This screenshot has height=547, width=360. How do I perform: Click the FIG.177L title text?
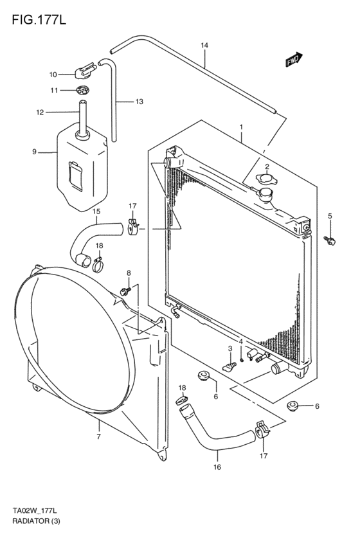point(39,21)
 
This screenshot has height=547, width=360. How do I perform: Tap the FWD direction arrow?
point(294,60)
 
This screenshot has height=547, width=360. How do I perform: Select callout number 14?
point(204,46)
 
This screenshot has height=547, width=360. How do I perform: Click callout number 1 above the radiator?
point(242,127)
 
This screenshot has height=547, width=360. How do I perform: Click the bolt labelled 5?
point(330,240)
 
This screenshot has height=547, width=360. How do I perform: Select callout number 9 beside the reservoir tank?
point(34,152)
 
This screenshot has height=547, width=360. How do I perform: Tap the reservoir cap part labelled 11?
point(82,89)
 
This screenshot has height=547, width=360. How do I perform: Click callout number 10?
point(53,74)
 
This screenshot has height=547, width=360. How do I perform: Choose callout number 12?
point(39,112)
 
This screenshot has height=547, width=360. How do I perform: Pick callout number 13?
point(139,102)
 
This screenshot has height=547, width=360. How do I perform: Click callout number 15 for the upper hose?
point(96,211)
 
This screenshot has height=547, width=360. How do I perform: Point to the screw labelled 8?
point(126,291)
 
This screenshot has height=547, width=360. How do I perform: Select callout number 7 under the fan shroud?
point(98,437)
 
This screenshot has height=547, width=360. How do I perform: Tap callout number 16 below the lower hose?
point(217,467)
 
